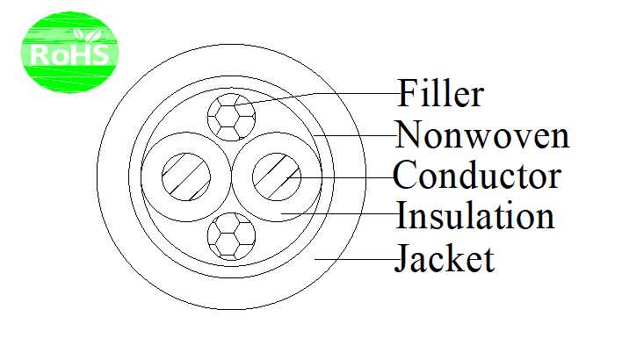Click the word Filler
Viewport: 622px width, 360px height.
coord(440,93)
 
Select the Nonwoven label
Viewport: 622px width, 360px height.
coord(482,135)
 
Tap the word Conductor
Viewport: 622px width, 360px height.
coord(477,176)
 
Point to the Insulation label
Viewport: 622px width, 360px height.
coord(475,214)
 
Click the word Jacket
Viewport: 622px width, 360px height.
coord(445,258)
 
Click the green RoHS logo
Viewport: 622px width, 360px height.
coord(69,53)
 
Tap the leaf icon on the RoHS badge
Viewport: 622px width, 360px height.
coord(87,35)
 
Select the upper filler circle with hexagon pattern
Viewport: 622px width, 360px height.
coord(231,117)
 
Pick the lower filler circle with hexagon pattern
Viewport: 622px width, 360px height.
coord(231,237)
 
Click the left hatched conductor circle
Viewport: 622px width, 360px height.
coord(186,176)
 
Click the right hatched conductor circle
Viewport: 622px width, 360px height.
coord(277,176)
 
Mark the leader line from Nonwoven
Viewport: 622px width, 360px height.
coord(356,135)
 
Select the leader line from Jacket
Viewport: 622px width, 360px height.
coord(356,259)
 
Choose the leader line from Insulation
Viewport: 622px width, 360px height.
coord(340,213)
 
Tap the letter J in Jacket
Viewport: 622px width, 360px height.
coord(402,258)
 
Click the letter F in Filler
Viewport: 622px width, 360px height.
coord(408,93)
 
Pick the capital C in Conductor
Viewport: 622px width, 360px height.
coord(405,176)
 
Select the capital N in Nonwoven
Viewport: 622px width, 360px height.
coord(409,134)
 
